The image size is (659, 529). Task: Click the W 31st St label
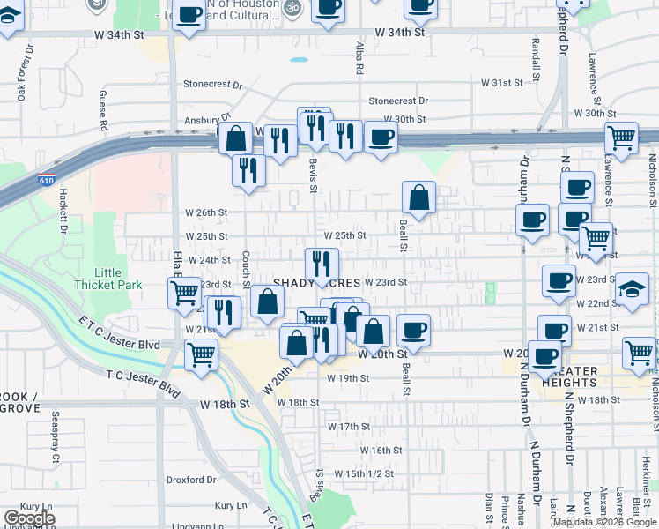pyautogui.click(x=501, y=82)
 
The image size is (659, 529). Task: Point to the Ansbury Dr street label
pyautogui.click(x=206, y=121)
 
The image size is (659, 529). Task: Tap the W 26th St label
pyautogui.click(x=206, y=212)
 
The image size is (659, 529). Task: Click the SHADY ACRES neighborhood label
pyautogui.click(x=316, y=283)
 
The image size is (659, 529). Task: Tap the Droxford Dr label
pyautogui.click(x=191, y=481)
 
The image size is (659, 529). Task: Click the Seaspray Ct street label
pyautogui.click(x=55, y=446)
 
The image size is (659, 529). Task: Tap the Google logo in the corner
pyautogui.click(x=29, y=518)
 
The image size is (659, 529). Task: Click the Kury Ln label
pyautogui.click(x=36, y=506)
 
